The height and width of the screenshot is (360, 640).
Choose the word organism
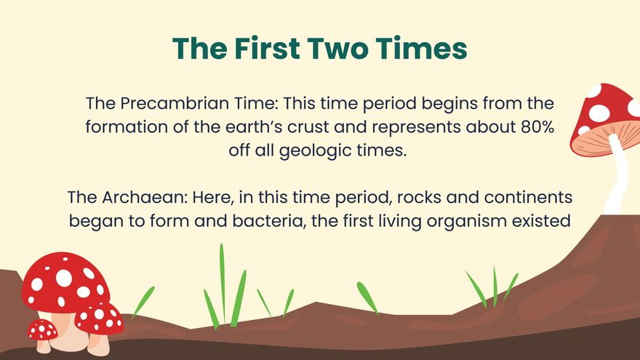[x=463, y=221]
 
